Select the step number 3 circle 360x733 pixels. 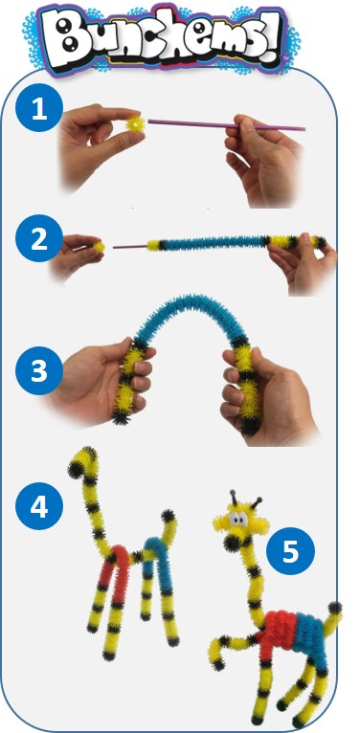tap(39, 369)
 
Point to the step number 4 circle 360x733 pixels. tap(39, 506)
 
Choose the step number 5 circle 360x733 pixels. tap(290, 551)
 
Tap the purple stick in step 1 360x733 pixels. tap(226, 124)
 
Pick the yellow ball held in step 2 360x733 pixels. tap(99, 247)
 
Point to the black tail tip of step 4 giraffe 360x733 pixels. tap(169, 517)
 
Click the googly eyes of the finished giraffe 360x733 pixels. tap(238, 520)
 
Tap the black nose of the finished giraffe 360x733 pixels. tap(232, 543)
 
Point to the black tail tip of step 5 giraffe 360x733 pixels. tap(334, 608)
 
